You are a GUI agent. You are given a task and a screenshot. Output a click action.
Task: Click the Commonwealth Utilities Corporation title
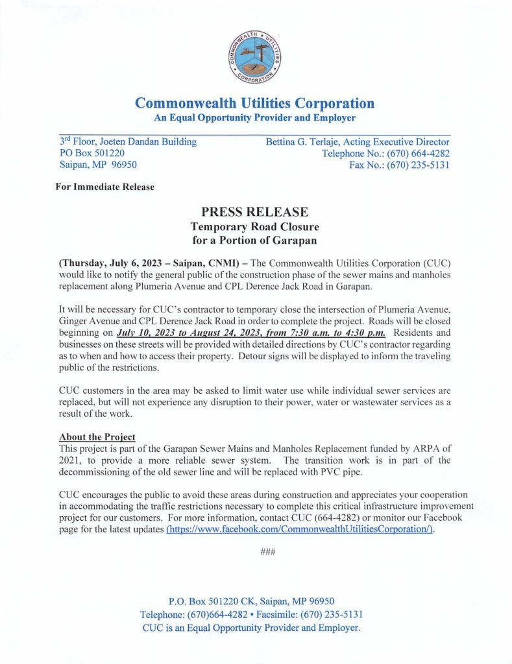[254, 103]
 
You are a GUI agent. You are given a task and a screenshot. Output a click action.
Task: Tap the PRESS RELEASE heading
[254, 212]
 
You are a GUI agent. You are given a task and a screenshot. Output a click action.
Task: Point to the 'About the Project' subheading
[97, 437]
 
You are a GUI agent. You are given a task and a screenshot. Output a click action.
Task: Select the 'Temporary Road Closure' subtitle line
[254, 227]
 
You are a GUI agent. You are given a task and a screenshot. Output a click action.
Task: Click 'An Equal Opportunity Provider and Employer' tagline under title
[254, 117]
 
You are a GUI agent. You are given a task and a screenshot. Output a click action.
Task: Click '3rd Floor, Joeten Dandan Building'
[128, 141]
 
